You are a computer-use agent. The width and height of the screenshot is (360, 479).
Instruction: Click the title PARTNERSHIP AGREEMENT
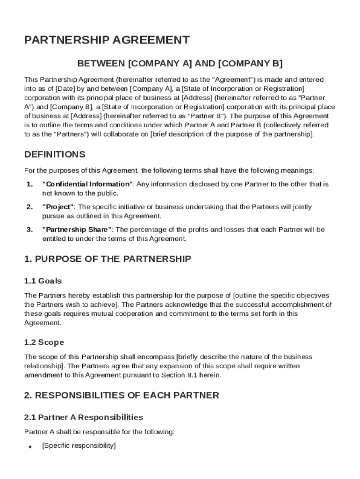[x=107, y=40]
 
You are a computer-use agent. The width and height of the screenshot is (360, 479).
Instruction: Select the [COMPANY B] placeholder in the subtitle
[x=250, y=63]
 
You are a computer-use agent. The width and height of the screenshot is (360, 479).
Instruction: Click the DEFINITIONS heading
[x=55, y=154]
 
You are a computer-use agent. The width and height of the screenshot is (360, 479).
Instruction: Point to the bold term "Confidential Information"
[x=87, y=184]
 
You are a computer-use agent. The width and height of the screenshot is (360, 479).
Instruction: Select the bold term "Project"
[x=58, y=207]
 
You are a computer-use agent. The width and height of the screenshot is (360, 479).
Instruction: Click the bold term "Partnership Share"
[x=77, y=230]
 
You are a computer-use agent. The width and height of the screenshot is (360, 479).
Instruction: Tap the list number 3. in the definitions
[x=29, y=230]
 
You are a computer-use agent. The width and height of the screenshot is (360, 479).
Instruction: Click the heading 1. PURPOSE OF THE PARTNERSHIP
[x=108, y=259]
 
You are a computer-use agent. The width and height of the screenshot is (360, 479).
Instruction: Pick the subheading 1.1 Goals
[x=43, y=281]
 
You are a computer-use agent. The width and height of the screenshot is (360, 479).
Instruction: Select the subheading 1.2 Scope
[x=44, y=342]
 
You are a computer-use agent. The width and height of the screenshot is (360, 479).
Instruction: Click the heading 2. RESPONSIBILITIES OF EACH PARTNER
[x=122, y=395]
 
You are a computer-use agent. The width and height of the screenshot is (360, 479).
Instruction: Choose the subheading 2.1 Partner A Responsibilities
[x=84, y=417]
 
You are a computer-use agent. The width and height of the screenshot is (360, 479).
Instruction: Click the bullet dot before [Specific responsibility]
[x=30, y=447]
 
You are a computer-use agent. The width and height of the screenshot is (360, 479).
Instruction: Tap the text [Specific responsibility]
[x=79, y=446]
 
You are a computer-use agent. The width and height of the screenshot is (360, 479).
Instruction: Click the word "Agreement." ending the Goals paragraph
[x=43, y=323]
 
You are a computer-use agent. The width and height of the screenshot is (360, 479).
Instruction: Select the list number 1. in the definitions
[x=29, y=184]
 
